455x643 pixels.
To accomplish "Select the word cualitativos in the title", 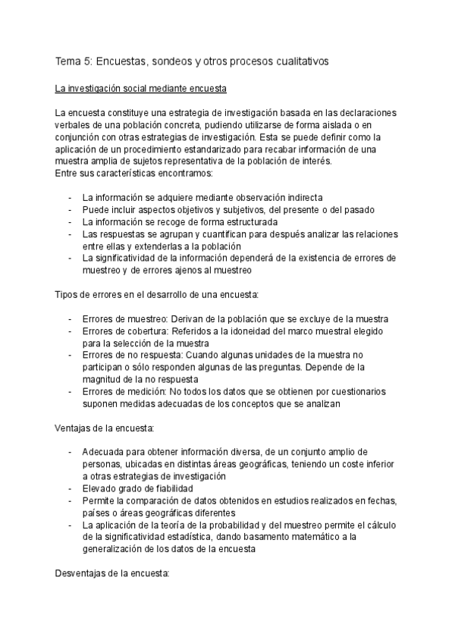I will [x=299, y=61].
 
